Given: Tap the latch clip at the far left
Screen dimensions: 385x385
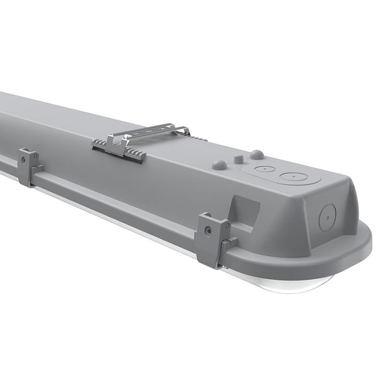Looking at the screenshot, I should [29, 167].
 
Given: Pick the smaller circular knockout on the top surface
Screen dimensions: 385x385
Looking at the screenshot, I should [265, 169].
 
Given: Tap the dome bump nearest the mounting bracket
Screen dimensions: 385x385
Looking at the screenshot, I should [219, 164].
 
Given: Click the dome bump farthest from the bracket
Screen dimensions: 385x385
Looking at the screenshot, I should [257, 155].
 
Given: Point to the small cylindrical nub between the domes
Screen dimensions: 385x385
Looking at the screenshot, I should [238, 159].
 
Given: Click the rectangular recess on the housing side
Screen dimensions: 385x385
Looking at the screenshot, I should [246, 208].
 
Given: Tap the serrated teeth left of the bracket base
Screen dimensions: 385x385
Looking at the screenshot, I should [102, 144].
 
